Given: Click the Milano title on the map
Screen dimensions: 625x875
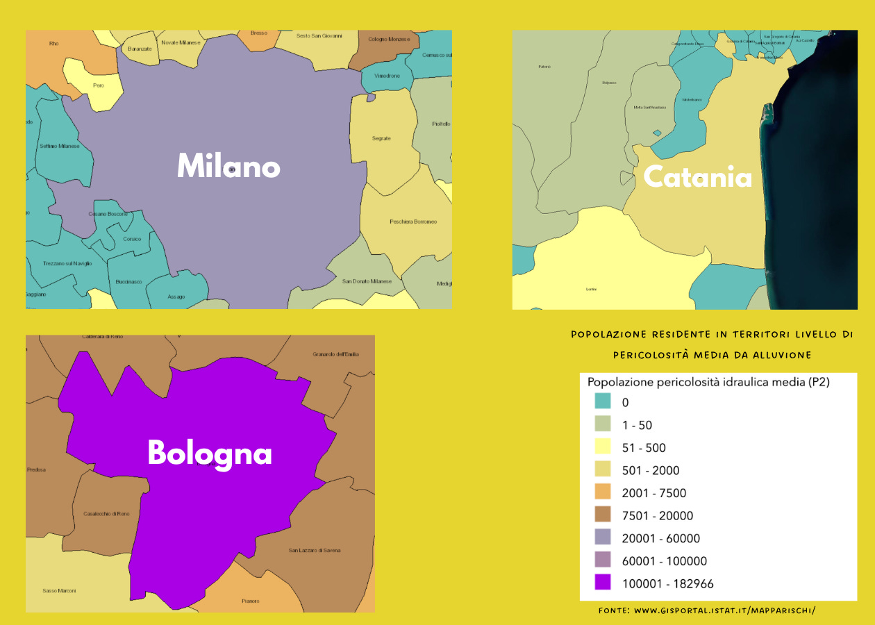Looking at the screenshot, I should [x=228, y=167].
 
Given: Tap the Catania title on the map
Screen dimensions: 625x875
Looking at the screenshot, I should [x=697, y=177].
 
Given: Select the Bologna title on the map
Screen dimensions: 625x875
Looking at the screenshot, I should [x=209, y=453].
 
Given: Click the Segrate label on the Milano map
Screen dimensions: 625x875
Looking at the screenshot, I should [x=381, y=138].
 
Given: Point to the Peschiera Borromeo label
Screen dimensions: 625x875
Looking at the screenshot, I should [x=413, y=222].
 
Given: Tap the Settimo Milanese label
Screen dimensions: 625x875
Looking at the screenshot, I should [x=60, y=146].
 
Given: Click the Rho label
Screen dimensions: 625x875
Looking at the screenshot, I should [x=54, y=44].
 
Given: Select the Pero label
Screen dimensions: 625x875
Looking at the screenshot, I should [x=98, y=85].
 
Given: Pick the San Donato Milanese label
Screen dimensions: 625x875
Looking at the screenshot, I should [x=367, y=281].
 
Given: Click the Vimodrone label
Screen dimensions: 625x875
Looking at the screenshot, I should [x=387, y=75].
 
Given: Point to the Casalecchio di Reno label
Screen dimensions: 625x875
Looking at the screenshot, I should [x=106, y=513].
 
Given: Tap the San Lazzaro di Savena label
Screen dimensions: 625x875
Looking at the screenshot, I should [x=315, y=551].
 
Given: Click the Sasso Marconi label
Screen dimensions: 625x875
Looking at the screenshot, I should [x=59, y=591].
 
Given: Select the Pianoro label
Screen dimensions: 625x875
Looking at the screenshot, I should [x=250, y=601].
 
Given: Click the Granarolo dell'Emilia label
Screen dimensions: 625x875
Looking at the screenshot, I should [x=335, y=354].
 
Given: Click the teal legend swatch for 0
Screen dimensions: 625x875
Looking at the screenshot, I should [x=603, y=401].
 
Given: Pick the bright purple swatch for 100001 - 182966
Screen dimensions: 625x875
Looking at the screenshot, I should [x=603, y=583].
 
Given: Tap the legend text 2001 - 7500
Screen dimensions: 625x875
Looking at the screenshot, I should [x=654, y=493].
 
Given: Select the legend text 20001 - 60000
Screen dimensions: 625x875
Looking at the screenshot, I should [x=661, y=538].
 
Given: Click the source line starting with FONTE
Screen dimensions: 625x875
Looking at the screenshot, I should [x=706, y=610].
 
